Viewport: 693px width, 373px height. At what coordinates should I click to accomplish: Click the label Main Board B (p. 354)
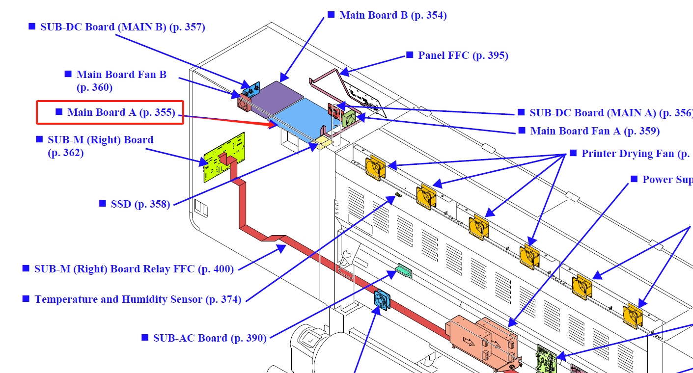click(393, 15)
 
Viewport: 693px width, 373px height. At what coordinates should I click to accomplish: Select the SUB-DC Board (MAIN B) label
click(122, 27)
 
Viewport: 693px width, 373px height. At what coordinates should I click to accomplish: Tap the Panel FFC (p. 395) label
click(463, 55)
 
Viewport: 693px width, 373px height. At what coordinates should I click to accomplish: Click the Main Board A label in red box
click(121, 112)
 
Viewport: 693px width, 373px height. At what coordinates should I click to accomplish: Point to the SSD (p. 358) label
click(140, 204)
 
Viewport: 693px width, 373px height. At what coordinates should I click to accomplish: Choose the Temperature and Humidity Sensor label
click(138, 299)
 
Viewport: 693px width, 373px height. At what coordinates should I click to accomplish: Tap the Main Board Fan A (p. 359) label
click(595, 131)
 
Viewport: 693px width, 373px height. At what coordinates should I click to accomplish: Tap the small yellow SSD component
click(322, 143)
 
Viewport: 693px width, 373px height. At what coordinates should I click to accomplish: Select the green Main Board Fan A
click(349, 119)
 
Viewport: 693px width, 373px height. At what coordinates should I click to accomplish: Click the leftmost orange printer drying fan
click(375, 167)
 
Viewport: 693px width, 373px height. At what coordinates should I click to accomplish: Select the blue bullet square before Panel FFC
click(410, 55)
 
